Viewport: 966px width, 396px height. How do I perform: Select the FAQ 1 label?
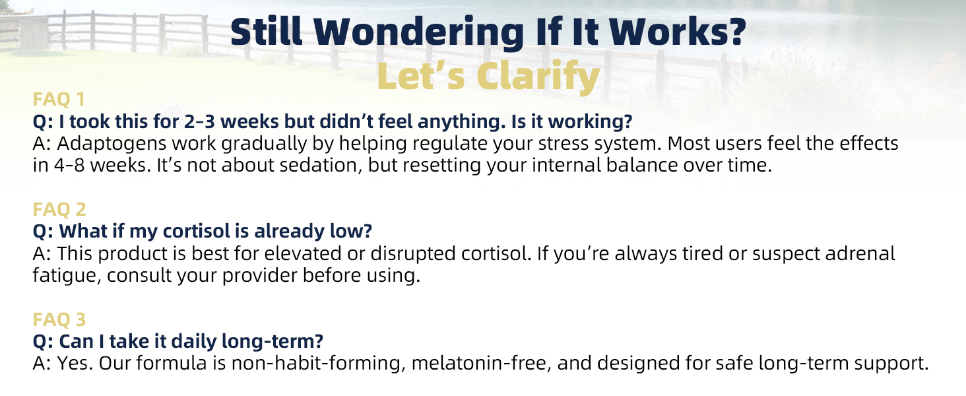pos(59,100)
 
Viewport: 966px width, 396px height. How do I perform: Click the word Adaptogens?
pos(102,144)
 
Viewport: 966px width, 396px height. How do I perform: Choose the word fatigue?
pos(63,275)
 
